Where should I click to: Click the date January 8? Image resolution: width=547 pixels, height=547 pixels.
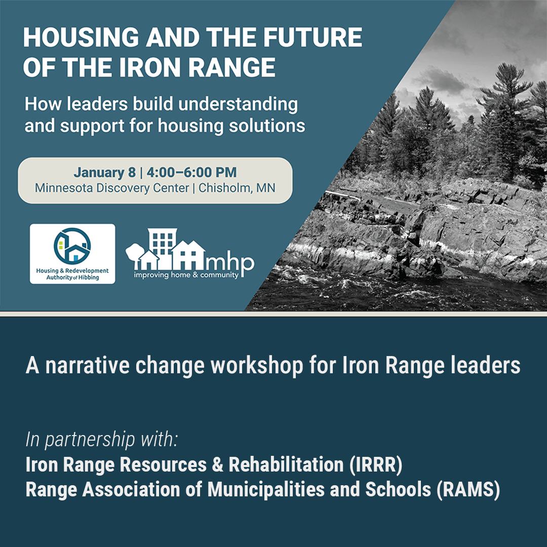[104, 172]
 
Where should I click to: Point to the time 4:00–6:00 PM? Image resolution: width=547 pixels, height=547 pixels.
[191, 172]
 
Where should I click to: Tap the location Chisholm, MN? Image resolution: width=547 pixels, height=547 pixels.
[237, 188]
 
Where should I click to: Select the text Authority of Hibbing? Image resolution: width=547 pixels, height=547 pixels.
[72, 278]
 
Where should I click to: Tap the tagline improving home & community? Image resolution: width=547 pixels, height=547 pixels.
[186, 276]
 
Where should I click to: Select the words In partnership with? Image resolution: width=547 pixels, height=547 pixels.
[101, 440]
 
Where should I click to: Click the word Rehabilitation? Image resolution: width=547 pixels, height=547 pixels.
[286, 465]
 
